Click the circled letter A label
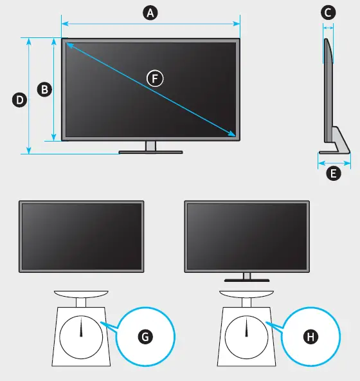(x=150, y=13)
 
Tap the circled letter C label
(x=328, y=12)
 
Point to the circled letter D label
(x=19, y=100)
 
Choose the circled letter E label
(x=333, y=173)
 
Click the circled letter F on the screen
(x=154, y=79)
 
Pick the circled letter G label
(x=145, y=337)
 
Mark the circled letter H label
(x=311, y=337)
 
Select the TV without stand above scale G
(x=82, y=236)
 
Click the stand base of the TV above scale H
(x=247, y=281)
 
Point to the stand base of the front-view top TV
(x=150, y=153)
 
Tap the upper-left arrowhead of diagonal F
(x=67, y=44)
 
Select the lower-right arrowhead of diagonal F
(x=233, y=135)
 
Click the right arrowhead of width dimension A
(x=238, y=24)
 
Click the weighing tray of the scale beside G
(x=82, y=293)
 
